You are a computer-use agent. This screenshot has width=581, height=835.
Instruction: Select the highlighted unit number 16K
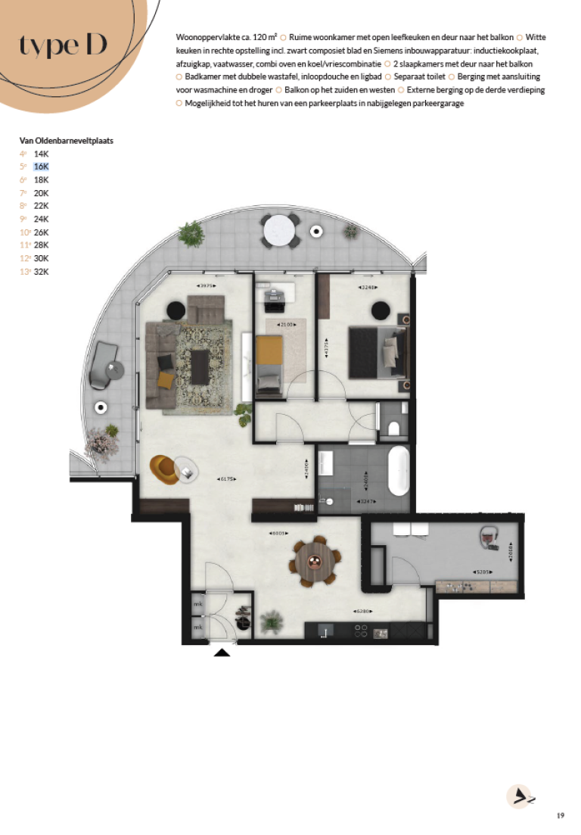(x=41, y=167)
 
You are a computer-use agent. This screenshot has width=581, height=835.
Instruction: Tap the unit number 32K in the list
(x=41, y=272)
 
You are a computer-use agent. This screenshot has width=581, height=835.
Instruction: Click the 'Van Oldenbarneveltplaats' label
(x=67, y=141)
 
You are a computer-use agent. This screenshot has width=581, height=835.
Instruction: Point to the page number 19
(x=560, y=815)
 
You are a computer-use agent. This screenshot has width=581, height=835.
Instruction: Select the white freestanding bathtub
(x=396, y=470)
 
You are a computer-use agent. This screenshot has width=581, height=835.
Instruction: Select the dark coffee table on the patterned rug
(x=201, y=366)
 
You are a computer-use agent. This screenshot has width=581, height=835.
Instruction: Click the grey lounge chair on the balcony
(x=102, y=366)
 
